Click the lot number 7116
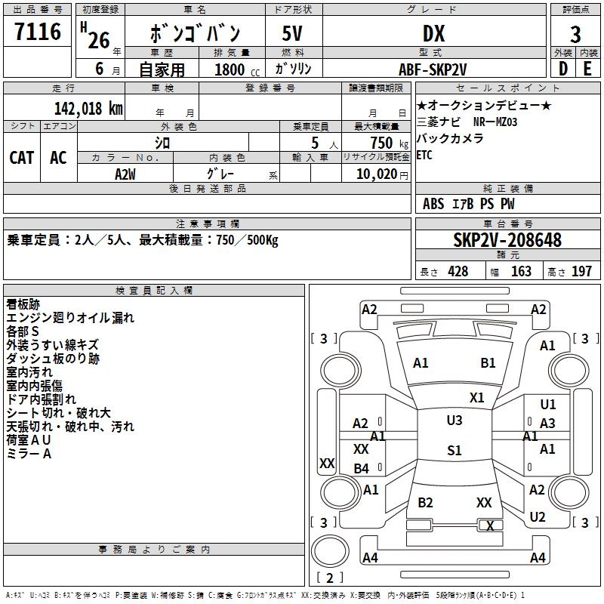coord(38,33)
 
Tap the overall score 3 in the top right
coord(575,34)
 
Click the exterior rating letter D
coord(562,68)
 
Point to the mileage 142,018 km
coord(88,108)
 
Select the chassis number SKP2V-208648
coord(507,240)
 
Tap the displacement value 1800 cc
coord(234,69)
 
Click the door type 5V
coord(294,34)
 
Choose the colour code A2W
coord(125,174)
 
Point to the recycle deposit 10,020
coord(375,174)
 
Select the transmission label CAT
coord(21,157)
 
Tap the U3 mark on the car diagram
coord(454,421)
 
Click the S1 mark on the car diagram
coord(454,451)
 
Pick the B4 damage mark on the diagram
coord(362,469)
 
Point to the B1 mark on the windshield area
coord(488,363)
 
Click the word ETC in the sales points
coord(425,156)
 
